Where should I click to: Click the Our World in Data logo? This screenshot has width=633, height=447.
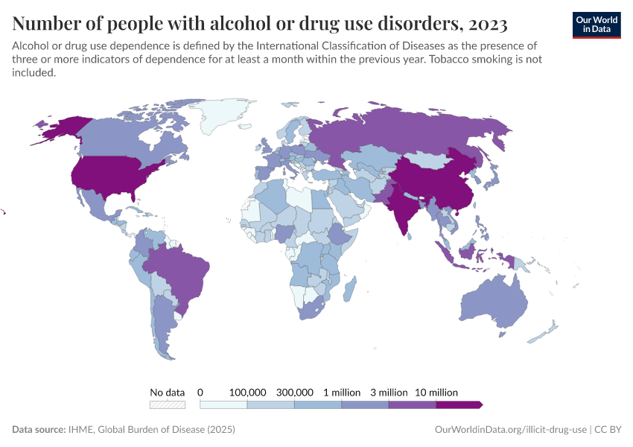pyautogui.click(x=596, y=25)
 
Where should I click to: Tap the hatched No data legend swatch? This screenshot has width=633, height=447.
pyautogui.click(x=167, y=405)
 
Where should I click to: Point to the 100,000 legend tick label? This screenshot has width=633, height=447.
pyautogui.click(x=247, y=392)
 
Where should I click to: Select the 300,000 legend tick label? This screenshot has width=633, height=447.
pyautogui.click(x=294, y=392)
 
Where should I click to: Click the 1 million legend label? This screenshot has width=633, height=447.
pyautogui.click(x=342, y=392)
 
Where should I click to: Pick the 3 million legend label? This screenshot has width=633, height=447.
pyautogui.click(x=389, y=392)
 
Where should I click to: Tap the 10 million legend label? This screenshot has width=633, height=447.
pyautogui.click(x=436, y=392)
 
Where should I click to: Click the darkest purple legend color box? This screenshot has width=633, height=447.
pyautogui.click(x=459, y=405)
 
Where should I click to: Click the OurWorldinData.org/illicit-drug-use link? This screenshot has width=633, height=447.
pyautogui.click(x=510, y=430)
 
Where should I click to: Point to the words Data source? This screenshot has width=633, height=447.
pyautogui.click(x=37, y=430)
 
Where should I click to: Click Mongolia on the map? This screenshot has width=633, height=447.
pyautogui.click(x=430, y=161)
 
